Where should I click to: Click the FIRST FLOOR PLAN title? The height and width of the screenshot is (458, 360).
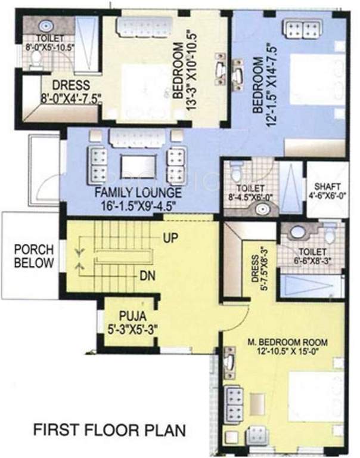click(109, 429)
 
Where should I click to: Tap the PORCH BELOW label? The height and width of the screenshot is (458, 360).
click(34, 256)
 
